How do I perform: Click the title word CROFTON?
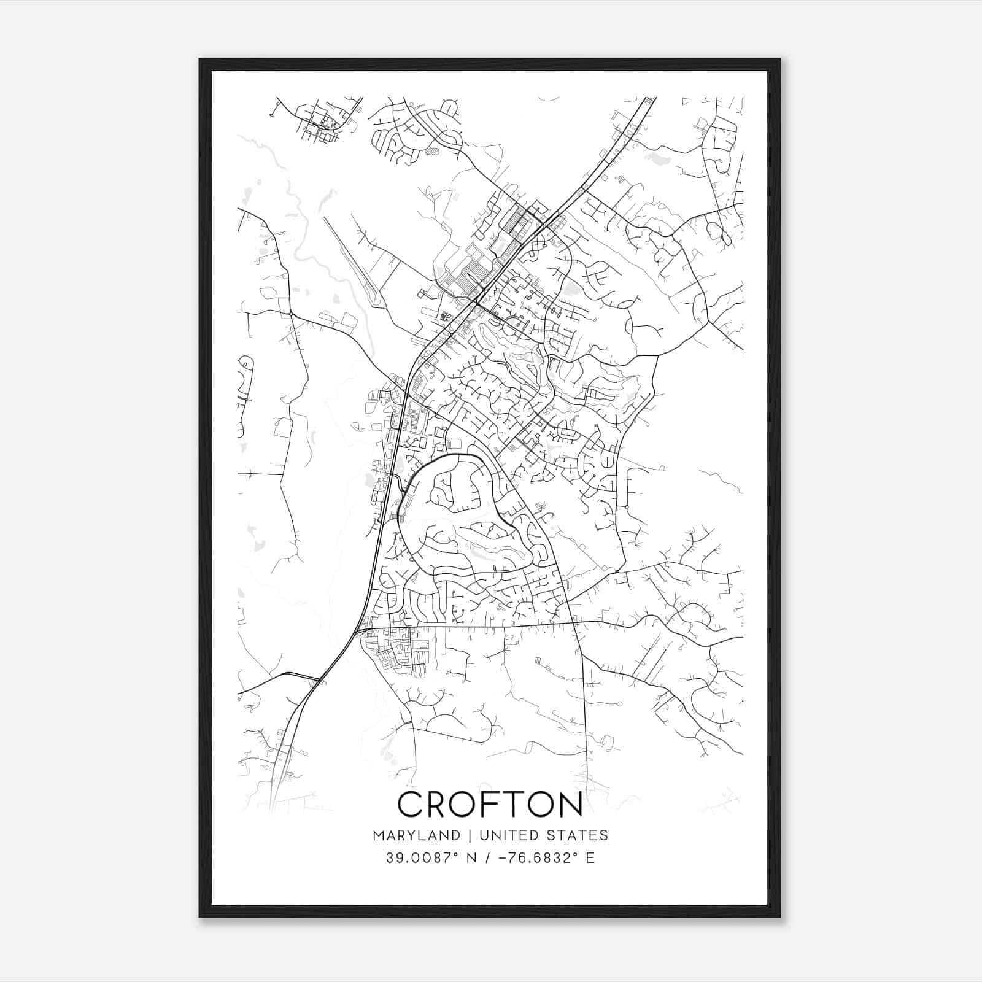point(490,805)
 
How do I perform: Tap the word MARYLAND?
point(416,835)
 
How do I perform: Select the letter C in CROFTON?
point(412,805)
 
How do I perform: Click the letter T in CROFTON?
point(518,805)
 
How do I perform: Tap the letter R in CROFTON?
point(439,805)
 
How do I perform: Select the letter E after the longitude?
point(590,858)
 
